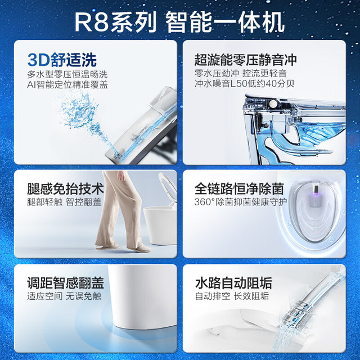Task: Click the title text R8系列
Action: (115, 23)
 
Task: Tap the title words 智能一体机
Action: (225, 23)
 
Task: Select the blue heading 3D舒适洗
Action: (62, 60)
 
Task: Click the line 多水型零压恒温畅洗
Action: (67, 74)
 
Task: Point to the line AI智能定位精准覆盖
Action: (67, 84)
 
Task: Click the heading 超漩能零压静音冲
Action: (246, 60)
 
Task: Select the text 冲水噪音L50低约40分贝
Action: (244, 84)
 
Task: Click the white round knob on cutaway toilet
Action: (273, 103)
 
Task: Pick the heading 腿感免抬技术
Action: (65, 189)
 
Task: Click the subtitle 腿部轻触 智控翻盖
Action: (64, 202)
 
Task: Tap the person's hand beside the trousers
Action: (121, 175)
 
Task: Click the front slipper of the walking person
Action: (139, 249)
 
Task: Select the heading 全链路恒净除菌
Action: (239, 189)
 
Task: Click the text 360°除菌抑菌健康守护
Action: (241, 202)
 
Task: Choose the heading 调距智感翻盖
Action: (65, 283)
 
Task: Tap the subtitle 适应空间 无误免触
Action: (64, 296)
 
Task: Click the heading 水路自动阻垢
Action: (234, 283)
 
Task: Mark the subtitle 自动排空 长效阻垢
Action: (232, 296)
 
